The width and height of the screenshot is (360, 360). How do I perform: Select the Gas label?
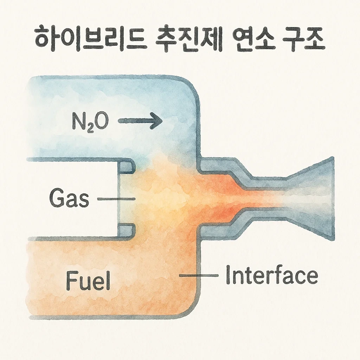point(70,199)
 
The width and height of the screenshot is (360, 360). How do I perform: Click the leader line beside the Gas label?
point(116,199)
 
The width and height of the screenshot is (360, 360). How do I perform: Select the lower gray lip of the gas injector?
point(127,230)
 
